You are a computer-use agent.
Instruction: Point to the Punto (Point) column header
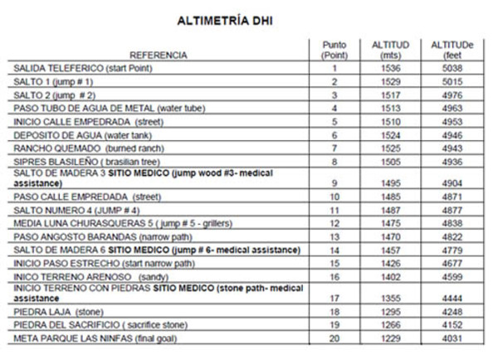tap(334, 49)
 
